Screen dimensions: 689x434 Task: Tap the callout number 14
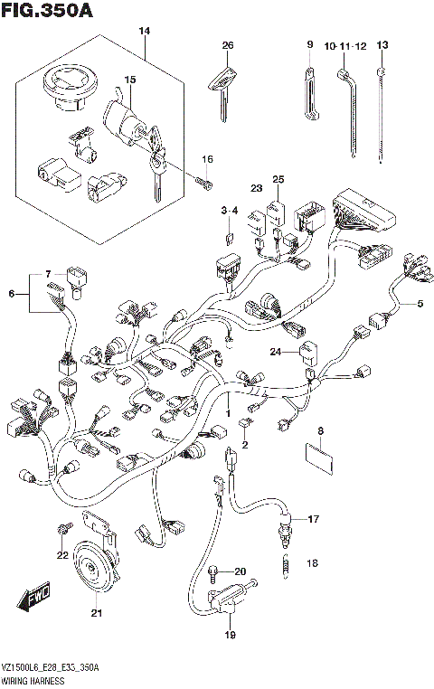[143, 32]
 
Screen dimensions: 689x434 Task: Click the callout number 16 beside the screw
[207, 160]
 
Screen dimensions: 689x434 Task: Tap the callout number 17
[313, 519]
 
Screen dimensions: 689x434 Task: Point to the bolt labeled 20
[213, 571]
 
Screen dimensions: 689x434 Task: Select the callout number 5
[420, 304]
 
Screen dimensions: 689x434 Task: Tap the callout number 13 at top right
[382, 44]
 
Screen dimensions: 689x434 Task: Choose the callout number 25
[278, 179]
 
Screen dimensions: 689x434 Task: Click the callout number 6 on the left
[13, 293]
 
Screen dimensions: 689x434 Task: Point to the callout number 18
[313, 562]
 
